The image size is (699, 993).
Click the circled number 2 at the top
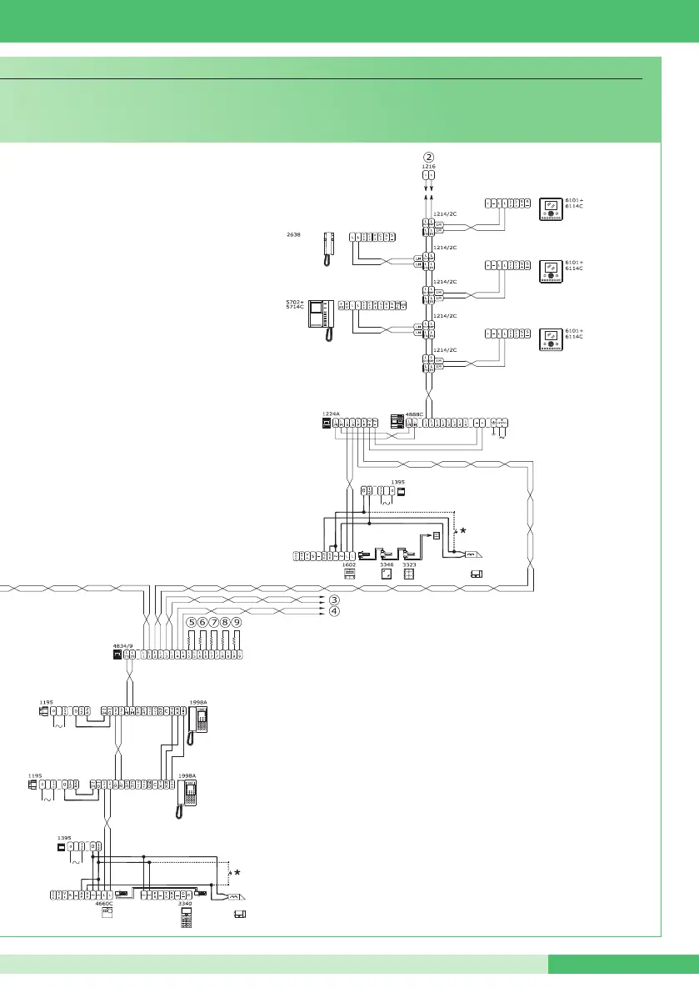(428, 156)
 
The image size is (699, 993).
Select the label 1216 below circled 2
(428, 167)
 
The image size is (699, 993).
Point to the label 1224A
(331, 413)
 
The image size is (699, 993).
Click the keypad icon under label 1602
(350, 574)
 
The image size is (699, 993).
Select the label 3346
(386, 564)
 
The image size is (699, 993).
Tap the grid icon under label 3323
(408, 574)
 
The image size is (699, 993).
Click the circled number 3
(334, 599)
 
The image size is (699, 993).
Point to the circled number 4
(334, 610)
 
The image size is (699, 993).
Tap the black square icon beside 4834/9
(117, 654)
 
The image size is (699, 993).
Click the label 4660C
(106, 903)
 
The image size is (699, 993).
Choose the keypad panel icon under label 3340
(187, 916)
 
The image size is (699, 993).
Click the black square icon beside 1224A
(327, 423)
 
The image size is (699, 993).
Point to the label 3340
(187, 903)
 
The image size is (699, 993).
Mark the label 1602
(350, 564)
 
